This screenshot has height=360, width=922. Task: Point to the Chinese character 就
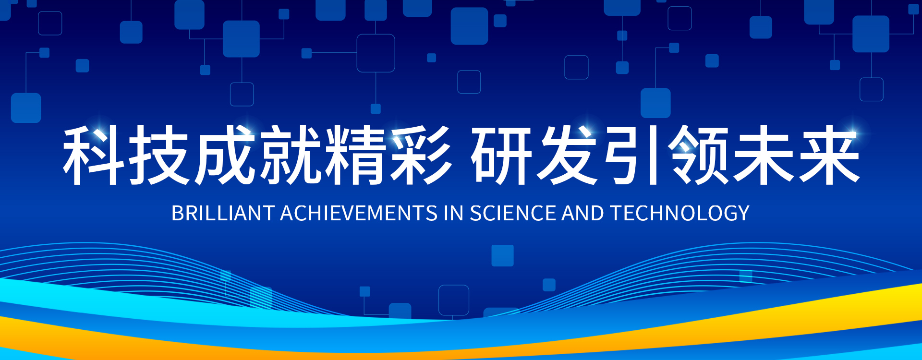[290, 155]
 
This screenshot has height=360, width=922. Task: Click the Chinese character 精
[355, 155]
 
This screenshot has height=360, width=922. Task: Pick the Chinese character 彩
[421, 155]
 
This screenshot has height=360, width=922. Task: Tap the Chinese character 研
[502, 155]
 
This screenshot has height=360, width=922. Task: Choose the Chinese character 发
[567, 155]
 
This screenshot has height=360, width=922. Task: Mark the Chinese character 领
[699, 155]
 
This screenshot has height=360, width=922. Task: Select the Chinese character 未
[764, 155]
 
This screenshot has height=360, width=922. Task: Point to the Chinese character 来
[829, 155]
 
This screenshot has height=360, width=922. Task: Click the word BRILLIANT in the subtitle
[223, 213]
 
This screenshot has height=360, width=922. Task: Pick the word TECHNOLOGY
[680, 213]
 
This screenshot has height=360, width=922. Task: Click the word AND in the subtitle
[583, 213]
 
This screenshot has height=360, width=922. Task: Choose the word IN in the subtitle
[454, 213]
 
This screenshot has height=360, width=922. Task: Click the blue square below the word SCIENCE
[503, 255]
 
